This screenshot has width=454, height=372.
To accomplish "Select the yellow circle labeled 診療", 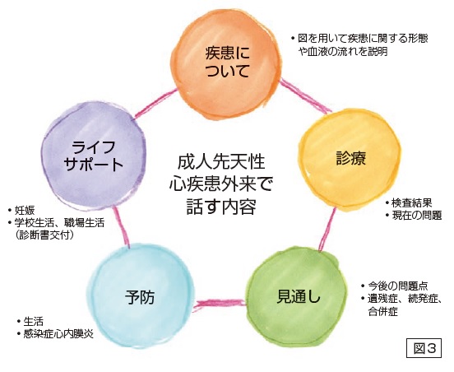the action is click(350, 159).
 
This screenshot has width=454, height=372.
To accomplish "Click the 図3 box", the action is click(424, 348).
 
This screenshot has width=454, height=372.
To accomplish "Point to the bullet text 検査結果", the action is click(411, 202).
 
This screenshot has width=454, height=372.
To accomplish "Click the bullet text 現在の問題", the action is click(417, 216).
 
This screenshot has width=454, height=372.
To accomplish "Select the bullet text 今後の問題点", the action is click(398, 286).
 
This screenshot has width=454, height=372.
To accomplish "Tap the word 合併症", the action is click(382, 311).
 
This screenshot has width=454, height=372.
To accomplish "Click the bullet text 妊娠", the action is click(25, 210).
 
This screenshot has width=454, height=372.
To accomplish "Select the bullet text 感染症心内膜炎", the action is click(58, 334).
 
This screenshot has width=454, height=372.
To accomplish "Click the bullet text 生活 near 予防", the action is click(33, 321).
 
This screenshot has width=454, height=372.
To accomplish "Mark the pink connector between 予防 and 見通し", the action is click(219, 305).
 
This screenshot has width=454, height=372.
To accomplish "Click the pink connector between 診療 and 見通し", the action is click(327, 230).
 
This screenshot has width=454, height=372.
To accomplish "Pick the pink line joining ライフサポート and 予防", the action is click(121, 227).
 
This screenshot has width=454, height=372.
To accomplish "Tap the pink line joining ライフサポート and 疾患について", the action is click(155, 104).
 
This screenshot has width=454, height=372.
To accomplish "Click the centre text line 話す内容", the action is click(221, 207).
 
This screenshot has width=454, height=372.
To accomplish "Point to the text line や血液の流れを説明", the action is click(343, 51).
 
